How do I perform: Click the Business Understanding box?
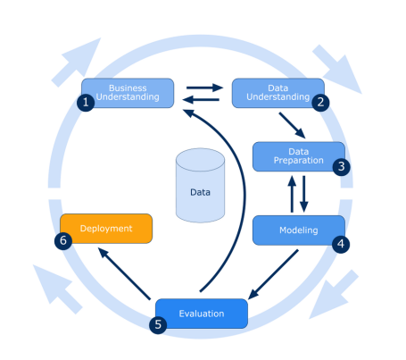point(128,92)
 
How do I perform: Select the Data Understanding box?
point(277,92)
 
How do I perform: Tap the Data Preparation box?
point(298,155)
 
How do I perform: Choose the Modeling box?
point(298,230)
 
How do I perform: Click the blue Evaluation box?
point(202,314)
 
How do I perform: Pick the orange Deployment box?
point(106,228)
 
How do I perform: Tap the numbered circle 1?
point(87,103)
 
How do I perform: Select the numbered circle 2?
point(319,102)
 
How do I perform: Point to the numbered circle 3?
point(340,167)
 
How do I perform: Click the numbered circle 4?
point(340,242)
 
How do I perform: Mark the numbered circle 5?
point(158,324)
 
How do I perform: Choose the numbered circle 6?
point(63,240)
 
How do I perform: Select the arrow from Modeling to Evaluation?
point(273,274)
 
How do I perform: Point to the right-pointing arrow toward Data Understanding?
point(203,88)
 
